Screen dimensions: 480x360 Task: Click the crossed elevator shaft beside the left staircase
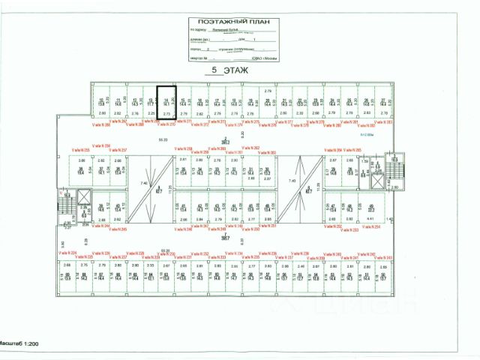pyautogui.click(x=85, y=197)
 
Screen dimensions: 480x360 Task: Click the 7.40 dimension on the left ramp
pyautogui.click(x=143, y=181)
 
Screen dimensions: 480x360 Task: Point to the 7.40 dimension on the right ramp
pyautogui.click(x=292, y=181)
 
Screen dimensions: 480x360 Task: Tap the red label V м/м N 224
pyautogui.click(x=69, y=254)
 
